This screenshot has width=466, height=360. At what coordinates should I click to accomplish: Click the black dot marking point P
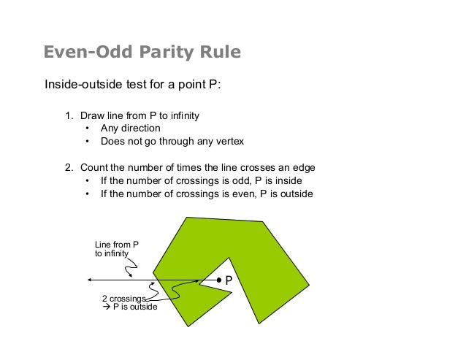point(218,280)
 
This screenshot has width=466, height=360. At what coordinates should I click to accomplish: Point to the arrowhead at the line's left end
point(88,280)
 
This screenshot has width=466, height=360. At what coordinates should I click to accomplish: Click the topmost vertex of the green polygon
point(188,217)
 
